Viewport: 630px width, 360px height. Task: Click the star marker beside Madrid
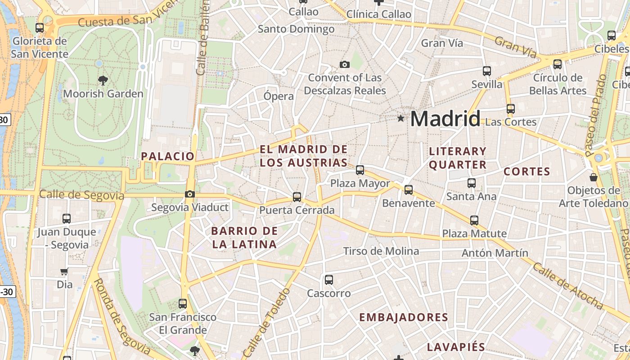400,118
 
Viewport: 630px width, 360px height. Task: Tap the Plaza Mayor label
360,184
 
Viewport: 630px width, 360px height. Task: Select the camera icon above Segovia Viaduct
190,194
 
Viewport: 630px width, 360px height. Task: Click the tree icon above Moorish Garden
103,81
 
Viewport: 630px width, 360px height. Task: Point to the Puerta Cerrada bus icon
297,197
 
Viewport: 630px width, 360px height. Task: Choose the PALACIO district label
167,156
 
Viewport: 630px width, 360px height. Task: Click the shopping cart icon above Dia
64,271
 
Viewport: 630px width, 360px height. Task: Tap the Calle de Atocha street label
567,286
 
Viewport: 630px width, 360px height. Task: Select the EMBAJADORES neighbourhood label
403,317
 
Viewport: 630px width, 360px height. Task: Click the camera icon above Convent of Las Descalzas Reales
345,64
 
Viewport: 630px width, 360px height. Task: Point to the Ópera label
279,96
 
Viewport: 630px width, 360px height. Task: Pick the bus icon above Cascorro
329,280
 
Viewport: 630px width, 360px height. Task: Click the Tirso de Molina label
381,251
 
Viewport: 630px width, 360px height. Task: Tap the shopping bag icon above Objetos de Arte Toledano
594,177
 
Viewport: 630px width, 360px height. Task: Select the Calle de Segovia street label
81,195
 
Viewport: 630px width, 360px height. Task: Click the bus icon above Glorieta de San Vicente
40,28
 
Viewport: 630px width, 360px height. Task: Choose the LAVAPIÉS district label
456,347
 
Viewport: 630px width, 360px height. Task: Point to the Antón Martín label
495,253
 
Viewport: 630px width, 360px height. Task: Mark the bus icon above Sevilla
487,71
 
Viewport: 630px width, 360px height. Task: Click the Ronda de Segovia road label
121,316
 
